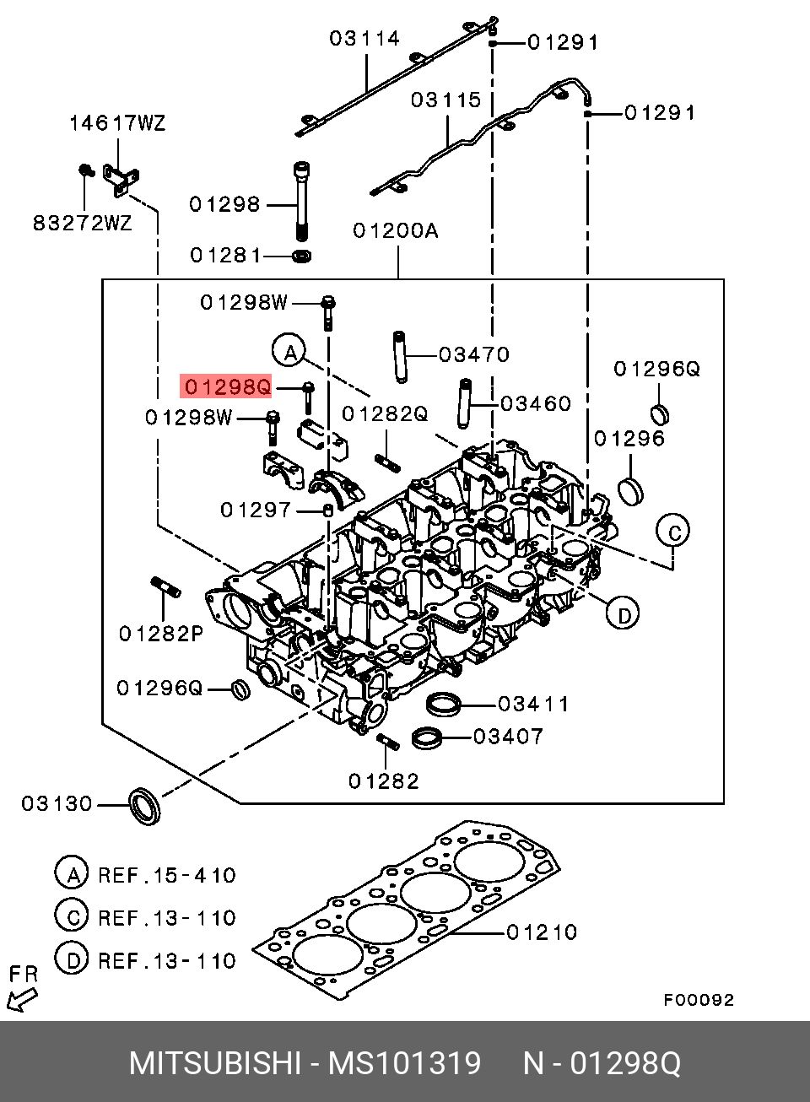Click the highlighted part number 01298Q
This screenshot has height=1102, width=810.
pyautogui.click(x=227, y=386)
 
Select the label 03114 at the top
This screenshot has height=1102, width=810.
pyautogui.click(x=364, y=38)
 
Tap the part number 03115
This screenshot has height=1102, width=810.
pyautogui.click(x=445, y=100)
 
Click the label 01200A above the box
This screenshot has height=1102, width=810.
pyautogui.click(x=395, y=230)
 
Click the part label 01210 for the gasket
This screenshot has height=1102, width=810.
pyautogui.click(x=542, y=932)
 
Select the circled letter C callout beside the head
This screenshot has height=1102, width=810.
pyautogui.click(x=673, y=531)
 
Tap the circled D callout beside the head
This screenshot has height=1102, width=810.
pyautogui.click(x=624, y=613)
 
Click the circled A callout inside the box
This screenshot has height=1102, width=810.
pyautogui.click(x=289, y=350)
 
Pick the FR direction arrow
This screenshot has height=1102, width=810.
pyautogui.click(x=21, y=999)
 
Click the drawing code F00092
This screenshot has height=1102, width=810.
pyautogui.click(x=699, y=1000)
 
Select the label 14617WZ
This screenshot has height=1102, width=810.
pyautogui.click(x=117, y=123)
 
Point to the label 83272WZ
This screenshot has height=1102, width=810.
pyautogui.click(x=83, y=224)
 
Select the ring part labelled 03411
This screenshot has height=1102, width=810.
pyautogui.click(x=444, y=703)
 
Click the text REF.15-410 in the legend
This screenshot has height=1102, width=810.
pyautogui.click(x=167, y=875)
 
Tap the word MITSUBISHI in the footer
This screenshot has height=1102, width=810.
pyautogui.click(x=215, y=1063)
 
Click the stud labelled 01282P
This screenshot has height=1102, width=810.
pyautogui.click(x=166, y=586)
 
